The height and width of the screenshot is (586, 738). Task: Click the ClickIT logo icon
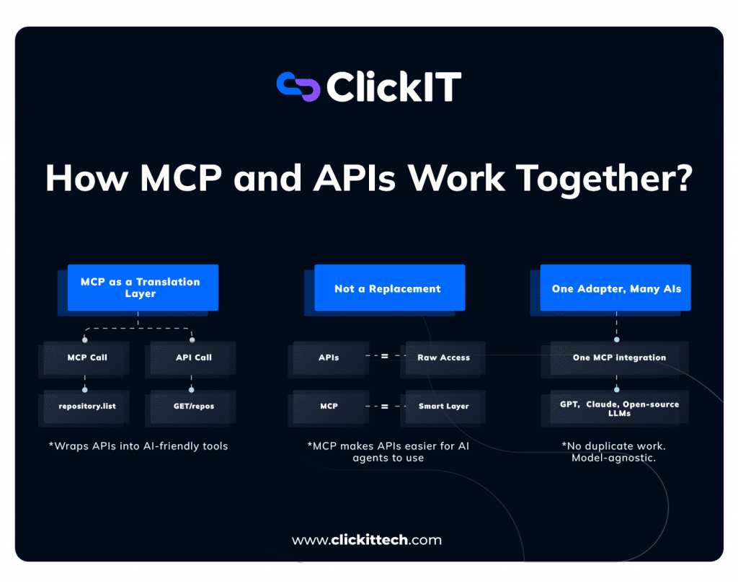[298, 86]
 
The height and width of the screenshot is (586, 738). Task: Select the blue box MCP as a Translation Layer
[141, 288]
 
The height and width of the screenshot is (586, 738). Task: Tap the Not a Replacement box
[388, 288]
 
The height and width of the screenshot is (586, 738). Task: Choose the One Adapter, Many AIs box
[616, 288]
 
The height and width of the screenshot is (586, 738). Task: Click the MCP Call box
[87, 358]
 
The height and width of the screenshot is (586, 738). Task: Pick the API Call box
[193, 358]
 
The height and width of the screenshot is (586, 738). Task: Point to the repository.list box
[87, 406]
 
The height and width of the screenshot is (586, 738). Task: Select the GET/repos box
[193, 406]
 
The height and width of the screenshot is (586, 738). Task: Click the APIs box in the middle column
[329, 358]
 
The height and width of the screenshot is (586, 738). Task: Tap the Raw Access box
[443, 358]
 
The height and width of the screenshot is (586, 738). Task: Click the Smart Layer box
[443, 407]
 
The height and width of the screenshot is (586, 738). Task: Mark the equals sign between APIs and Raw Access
[384, 356]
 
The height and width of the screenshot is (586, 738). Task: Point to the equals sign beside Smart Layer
[384, 407]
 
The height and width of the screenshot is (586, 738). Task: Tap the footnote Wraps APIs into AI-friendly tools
[138, 446]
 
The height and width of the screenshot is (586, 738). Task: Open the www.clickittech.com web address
[367, 540]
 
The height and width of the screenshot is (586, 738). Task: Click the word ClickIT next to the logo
[394, 87]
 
